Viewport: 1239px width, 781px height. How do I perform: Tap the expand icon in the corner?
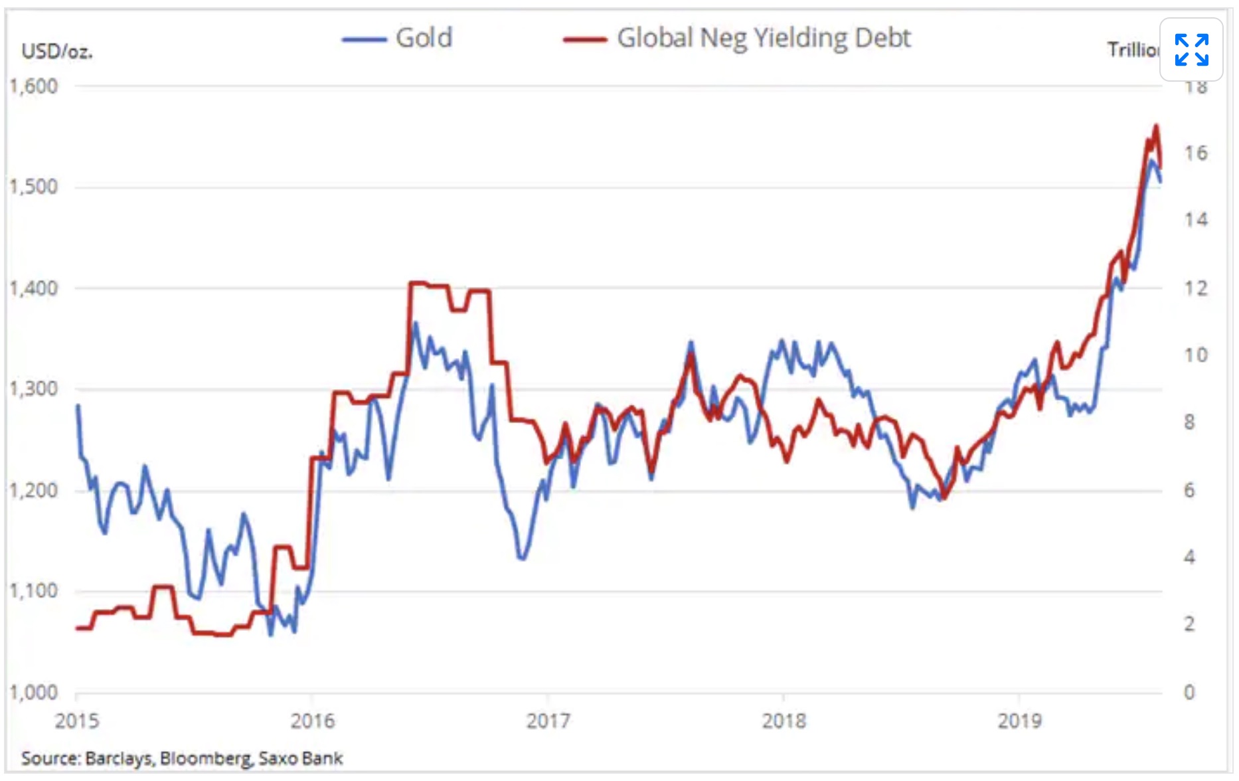coord(1191,50)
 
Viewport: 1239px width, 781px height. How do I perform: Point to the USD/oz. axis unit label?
coord(57,51)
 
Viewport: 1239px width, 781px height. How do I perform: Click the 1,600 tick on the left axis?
coord(34,86)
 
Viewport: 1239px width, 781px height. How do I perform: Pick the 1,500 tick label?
coord(34,187)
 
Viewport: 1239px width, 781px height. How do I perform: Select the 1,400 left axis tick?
coord(34,288)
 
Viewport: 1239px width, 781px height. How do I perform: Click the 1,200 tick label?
coord(34,491)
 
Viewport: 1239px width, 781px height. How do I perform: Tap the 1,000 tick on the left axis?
coord(34,693)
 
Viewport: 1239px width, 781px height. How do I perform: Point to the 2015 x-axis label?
coord(76,721)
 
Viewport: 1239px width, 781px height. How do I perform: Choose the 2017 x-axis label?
coord(548,721)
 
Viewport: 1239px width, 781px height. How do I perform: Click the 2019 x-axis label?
coord(1020,721)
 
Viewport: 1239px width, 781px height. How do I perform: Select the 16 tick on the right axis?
coord(1196,153)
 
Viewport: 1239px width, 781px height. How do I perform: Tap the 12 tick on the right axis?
coord(1196,288)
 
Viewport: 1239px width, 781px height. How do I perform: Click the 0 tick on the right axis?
coord(1189,693)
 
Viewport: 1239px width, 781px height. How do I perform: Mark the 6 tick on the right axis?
coord(1189,491)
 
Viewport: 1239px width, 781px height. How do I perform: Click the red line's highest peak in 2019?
coord(1156,126)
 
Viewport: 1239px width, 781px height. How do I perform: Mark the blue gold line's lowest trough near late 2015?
coord(270,635)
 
